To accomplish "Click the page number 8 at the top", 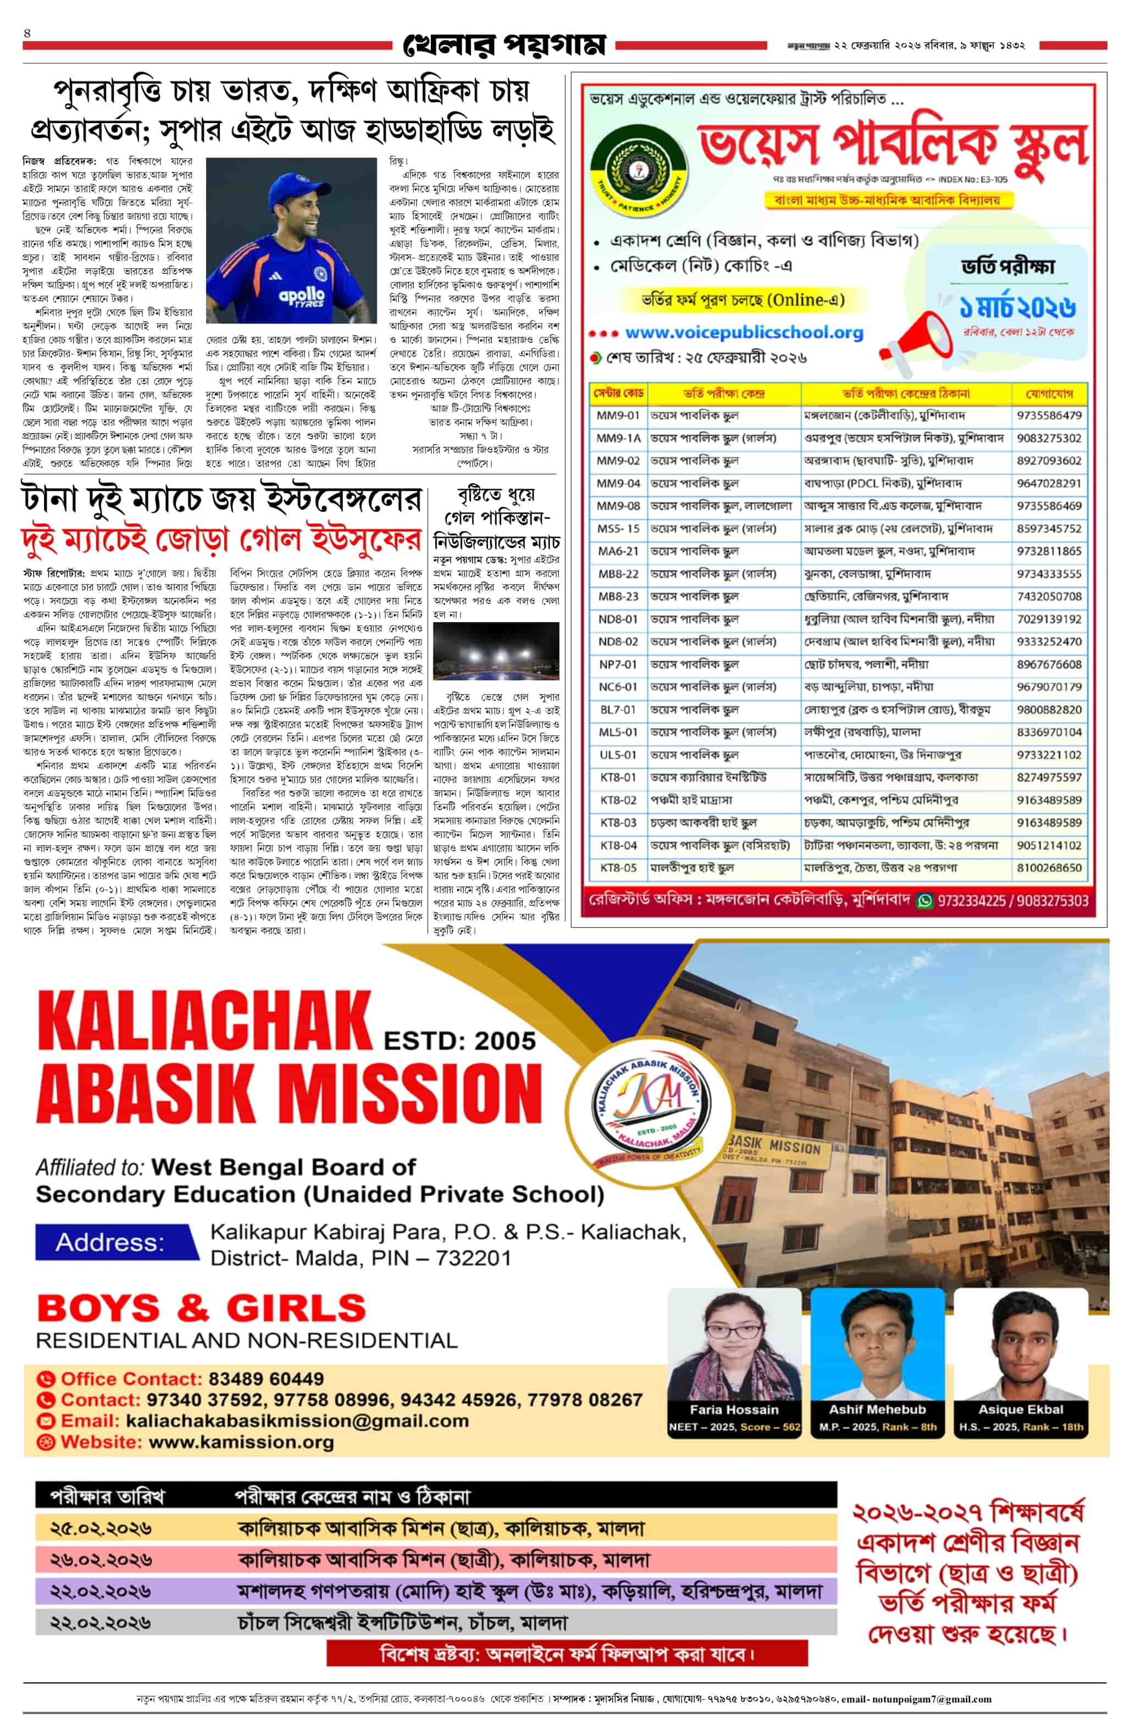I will pos(27,34).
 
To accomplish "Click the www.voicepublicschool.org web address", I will pos(743,333).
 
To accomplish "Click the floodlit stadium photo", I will pos(496,651).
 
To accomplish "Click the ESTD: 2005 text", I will pos(459,1041).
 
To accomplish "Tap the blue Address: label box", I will pos(117,1242).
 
